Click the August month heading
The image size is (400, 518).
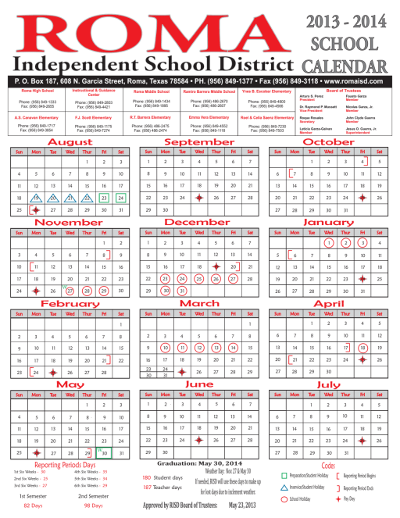coord(70,142)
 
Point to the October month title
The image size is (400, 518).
coord(330,142)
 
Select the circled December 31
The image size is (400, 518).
coord(180,289)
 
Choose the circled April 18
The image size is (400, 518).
coord(362,348)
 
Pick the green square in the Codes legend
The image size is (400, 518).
coord(284,476)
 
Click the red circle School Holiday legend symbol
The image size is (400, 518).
coord(284,498)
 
